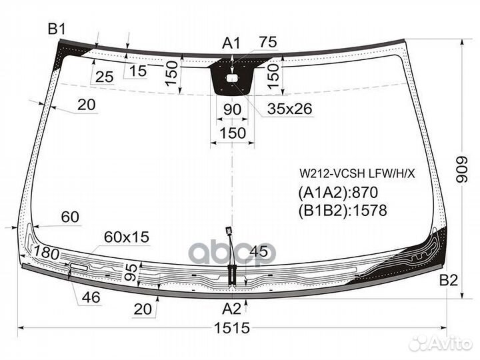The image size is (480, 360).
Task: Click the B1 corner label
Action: click(x=57, y=29)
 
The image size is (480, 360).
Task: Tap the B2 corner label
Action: click(x=449, y=280)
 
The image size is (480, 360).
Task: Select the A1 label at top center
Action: click(x=231, y=43)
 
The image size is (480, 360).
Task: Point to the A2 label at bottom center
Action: click(x=231, y=309)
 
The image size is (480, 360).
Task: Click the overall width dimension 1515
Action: click(x=232, y=328)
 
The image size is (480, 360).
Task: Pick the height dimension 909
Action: click(x=462, y=170)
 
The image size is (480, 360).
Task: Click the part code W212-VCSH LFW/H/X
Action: click(x=357, y=174)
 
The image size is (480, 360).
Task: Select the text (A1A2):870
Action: click(x=338, y=193)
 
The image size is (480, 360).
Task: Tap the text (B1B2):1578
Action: click(x=343, y=211)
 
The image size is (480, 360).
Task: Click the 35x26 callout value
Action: click(x=289, y=109)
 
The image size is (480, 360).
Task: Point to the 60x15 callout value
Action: click(x=127, y=237)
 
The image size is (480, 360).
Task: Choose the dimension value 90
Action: click(x=233, y=109)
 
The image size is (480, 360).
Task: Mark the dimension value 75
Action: click(x=268, y=41)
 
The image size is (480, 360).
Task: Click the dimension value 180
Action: click(x=46, y=253)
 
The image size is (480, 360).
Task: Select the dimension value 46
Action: click(x=91, y=297)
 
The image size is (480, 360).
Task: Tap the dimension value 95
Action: click(x=131, y=272)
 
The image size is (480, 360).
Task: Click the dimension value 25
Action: click(x=105, y=77)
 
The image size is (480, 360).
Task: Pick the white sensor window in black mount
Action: click(x=232, y=79)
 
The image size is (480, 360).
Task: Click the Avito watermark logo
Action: click(x=441, y=343)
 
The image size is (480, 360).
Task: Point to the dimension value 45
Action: click(x=259, y=251)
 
